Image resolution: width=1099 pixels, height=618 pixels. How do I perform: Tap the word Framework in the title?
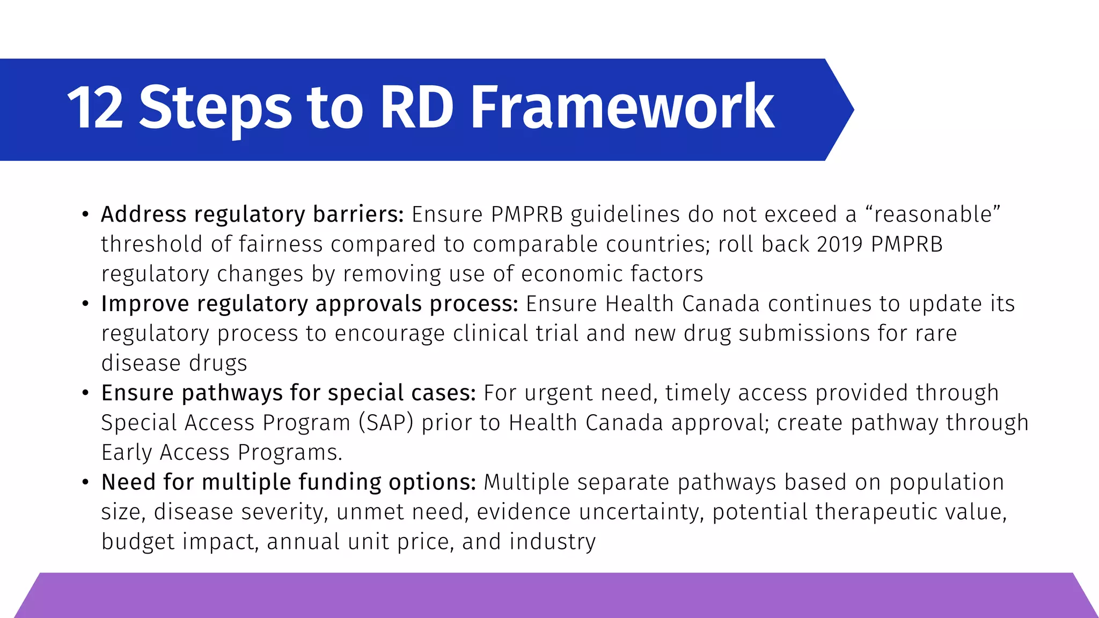click(x=622, y=109)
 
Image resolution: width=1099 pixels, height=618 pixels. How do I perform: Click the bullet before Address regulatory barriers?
click(x=85, y=215)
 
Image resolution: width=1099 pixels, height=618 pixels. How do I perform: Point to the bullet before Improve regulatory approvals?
click(x=85, y=304)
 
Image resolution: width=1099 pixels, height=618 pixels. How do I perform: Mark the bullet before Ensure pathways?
click(x=85, y=393)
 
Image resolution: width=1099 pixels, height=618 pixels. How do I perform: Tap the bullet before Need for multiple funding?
click(x=85, y=482)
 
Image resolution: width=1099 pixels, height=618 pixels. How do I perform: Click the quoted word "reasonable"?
click(x=933, y=215)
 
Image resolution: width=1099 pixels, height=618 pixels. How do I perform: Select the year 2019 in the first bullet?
click(x=840, y=245)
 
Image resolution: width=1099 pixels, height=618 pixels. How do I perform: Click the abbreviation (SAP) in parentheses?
click(x=386, y=423)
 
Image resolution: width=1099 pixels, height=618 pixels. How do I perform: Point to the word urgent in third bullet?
click(x=559, y=393)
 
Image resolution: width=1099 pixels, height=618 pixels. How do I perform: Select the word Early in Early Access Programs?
click(x=127, y=453)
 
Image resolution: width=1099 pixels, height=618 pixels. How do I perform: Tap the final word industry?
click(x=552, y=542)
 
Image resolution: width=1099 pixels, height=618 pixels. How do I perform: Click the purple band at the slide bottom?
click(x=553, y=595)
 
